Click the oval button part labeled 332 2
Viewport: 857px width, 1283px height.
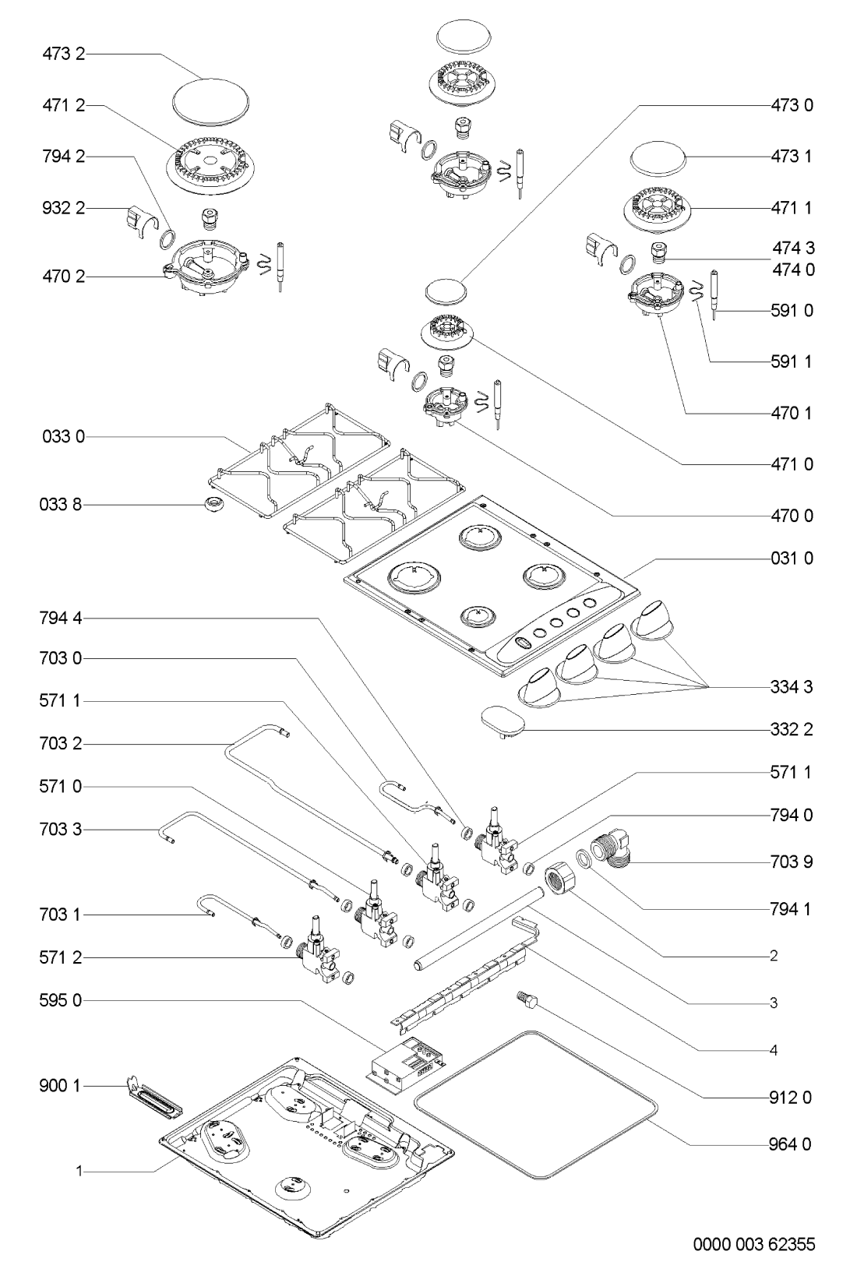(x=502, y=719)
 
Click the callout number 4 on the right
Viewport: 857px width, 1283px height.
(x=773, y=1051)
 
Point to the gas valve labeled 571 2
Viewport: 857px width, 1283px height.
(x=316, y=948)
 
